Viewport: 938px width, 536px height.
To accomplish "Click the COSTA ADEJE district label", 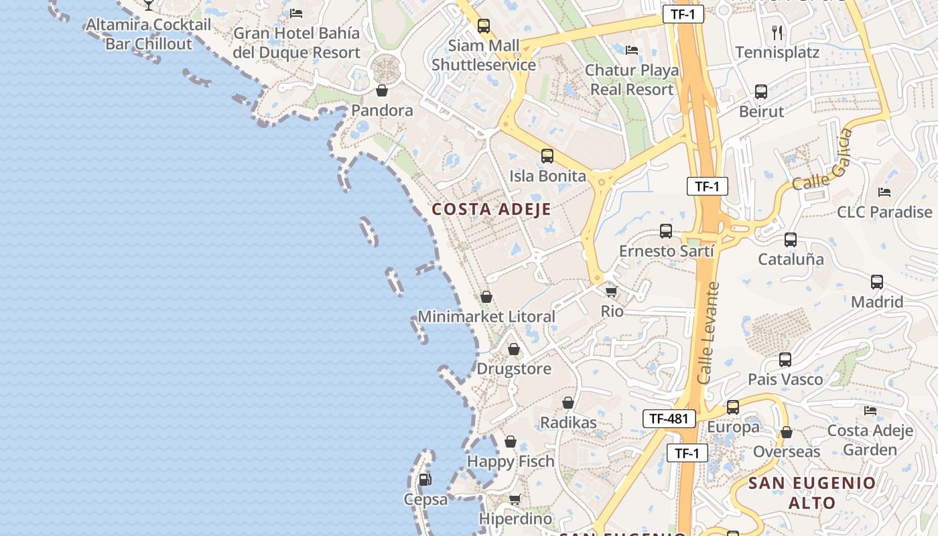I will [491, 209].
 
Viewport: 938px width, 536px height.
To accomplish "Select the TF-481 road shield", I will [669, 419].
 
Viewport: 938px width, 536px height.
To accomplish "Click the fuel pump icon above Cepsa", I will [425, 480].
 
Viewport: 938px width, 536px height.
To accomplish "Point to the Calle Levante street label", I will [708, 333].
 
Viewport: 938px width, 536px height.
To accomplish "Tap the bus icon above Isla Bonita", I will [547, 156].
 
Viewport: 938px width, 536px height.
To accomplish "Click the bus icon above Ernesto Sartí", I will [665, 231].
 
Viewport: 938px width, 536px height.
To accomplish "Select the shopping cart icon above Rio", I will [610, 291].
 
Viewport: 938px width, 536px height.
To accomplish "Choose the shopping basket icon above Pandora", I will [382, 90].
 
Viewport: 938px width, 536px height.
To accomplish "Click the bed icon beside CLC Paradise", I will [884, 192].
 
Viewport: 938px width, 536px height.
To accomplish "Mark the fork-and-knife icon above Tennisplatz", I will [777, 31].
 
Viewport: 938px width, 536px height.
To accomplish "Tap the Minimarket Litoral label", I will [486, 316].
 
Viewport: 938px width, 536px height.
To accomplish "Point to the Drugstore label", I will [514, 368].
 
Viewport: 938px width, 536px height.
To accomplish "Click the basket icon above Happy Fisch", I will [511, 442].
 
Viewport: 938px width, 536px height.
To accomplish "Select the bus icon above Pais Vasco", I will [785, 360].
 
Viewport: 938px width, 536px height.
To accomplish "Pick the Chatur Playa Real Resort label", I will [631, 80].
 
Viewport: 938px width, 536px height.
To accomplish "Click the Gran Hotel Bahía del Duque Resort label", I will [296, 42].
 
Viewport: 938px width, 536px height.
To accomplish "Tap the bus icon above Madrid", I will [877, 282].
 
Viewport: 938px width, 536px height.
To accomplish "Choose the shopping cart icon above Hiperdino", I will [515, 499].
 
